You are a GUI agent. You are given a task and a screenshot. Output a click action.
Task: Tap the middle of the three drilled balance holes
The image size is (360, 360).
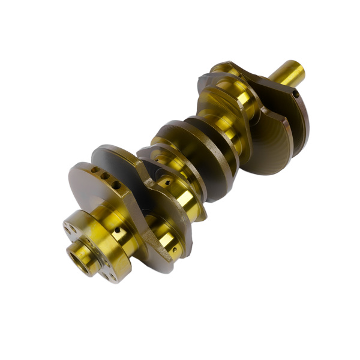(104, 176)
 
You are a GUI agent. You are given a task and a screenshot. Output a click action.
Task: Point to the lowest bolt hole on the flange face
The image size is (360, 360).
(109, 275)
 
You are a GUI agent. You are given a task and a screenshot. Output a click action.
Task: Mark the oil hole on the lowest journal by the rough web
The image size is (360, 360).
(174, 250)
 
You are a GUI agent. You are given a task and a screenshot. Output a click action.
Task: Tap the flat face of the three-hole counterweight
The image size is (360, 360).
(90, 189)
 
